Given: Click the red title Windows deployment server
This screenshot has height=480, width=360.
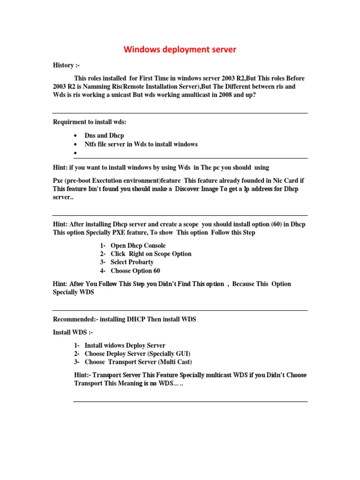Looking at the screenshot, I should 180,50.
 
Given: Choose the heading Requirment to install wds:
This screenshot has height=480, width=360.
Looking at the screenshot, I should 90,122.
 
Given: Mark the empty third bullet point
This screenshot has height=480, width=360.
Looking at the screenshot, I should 75,153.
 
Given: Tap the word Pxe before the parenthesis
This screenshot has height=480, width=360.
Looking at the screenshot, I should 59,180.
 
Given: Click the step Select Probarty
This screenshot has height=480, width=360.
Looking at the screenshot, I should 132,262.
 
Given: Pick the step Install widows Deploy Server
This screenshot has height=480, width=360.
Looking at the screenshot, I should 125,345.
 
